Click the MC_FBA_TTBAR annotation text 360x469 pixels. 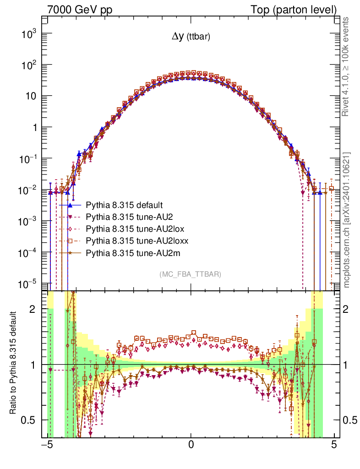click(191, 274)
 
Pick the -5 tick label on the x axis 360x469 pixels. click(47, 445)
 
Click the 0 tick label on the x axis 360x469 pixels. click(191, 445)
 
